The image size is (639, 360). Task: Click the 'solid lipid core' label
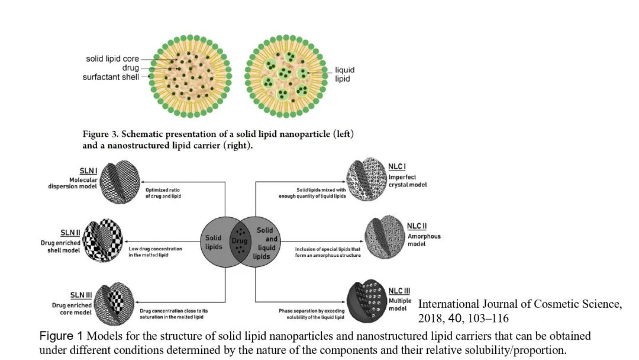(x=112, y=59)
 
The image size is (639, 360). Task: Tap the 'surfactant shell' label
(x=112, y=76)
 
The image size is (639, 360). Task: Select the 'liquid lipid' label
(x=345, y=74)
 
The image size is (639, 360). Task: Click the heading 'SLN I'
(x=89, y=171)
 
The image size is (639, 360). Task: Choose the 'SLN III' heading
(x=81, y=295)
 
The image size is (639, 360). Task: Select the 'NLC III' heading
(x=399, y=290)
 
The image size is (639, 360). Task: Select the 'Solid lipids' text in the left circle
(x=214, y=242)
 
